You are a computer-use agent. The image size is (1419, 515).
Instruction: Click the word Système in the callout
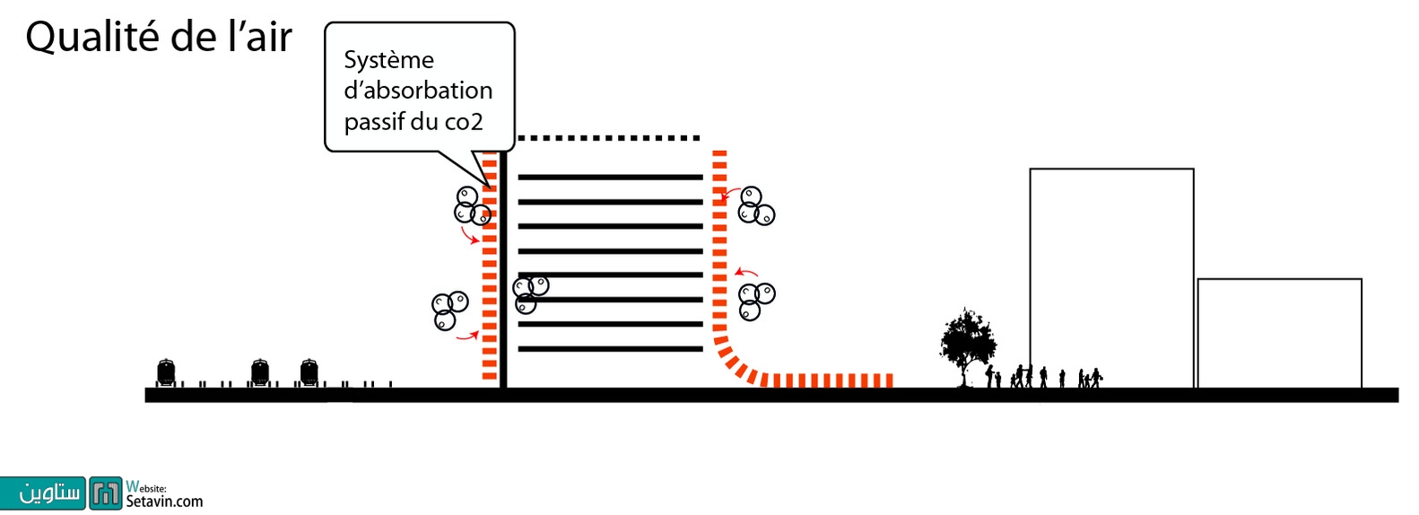coord(388,60)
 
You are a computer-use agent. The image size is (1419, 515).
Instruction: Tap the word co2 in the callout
coord(464,121)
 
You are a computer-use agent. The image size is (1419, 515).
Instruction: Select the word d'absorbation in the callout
coord(418,91)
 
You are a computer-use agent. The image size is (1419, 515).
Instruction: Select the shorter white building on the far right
coord(1279,333)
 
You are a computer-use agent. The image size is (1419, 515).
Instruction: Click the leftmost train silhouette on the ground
coord(166,371)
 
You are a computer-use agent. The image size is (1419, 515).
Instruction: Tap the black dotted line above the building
coord(608,138)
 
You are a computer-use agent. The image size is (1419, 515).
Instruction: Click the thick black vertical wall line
coord(503,269)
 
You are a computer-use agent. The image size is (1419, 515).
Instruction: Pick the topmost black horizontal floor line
coord(610,178)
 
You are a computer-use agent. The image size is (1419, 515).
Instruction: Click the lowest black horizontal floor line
coord(610,348)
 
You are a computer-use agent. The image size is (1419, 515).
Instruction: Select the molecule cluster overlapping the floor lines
coord(529,293)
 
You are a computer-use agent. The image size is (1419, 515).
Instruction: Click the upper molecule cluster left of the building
coord(472,205)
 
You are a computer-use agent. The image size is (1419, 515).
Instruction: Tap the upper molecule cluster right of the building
coord(755,206)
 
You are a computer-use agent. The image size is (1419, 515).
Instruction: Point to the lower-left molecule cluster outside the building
coord(448,310)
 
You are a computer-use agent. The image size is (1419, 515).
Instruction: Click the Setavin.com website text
coord(164,501)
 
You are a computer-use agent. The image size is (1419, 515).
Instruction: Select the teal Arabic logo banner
coord(43,493)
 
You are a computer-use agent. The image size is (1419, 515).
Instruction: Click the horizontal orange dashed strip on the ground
coord(825,380)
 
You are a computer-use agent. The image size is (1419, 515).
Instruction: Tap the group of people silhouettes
coord(1045,376)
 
